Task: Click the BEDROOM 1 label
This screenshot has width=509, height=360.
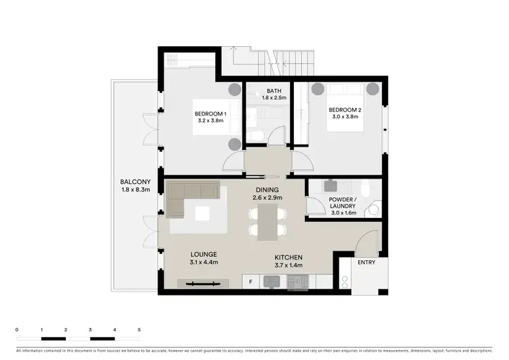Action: tap(209, 113)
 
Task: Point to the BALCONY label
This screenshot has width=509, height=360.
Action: tap(136, 182)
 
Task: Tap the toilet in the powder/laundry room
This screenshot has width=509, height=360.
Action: tap(367, 188)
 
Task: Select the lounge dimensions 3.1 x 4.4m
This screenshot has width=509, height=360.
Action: tap(204, 264)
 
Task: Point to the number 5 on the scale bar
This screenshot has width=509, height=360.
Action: tap(139, 329)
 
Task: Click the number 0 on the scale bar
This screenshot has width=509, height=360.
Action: tap(17, 329)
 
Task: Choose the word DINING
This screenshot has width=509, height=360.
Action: tap(268, 190)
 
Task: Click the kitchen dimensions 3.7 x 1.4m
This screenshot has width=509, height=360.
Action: tap(288, 266)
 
